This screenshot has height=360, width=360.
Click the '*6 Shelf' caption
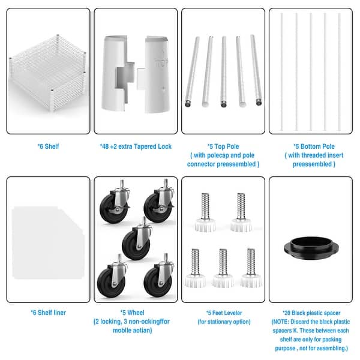pyautogui.click(x=49, y=146)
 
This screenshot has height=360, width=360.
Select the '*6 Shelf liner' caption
pyautogui.click(x=49, y=313)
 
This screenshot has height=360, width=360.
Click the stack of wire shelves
pyautogui.click(x=48, y=73)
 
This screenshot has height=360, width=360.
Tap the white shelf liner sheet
pyautogui.click(x=48, y=242)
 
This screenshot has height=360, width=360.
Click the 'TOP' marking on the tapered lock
pyautogui.click(x=161, y=64)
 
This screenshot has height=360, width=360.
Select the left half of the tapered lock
pyautogui.click(x=118, y=73)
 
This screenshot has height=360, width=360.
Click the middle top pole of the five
pyautogui.click(x=224, y=71)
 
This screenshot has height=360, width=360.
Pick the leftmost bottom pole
pyautogui.click(x=282, y=71)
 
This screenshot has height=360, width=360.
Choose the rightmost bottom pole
pyautogui.click(x=339, y=71)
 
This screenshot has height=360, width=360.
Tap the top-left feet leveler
pyautogui.click(x=205, y=212)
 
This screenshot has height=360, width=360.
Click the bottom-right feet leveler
pyautogui.click(x=251, y=268)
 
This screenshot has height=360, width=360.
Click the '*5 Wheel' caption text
pyautogui.click(x=133, y=313)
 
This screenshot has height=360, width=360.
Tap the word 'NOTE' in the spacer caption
pyautogui.click(x=281, y=322)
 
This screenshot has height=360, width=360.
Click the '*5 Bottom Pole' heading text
pyautogui.click(x=314, y=146)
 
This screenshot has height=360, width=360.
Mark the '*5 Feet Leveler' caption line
pyautogui.click(x=224, y=313)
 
